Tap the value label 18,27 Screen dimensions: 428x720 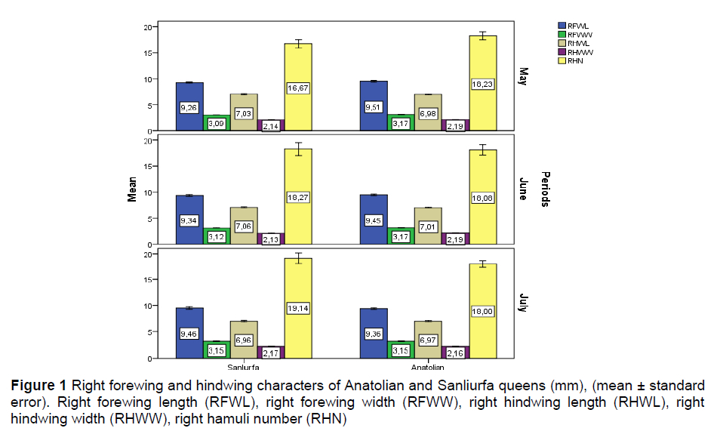[298, 198]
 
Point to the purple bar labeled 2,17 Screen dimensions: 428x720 [271, 352]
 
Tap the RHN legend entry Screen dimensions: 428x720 [575, 60]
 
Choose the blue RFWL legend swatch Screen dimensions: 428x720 [561, 25]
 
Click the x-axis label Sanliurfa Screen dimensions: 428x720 [244, 368]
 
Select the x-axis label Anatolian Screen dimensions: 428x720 [428, 368]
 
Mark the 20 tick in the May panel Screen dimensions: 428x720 [149, 27]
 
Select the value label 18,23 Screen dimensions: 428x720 [482, 84]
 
